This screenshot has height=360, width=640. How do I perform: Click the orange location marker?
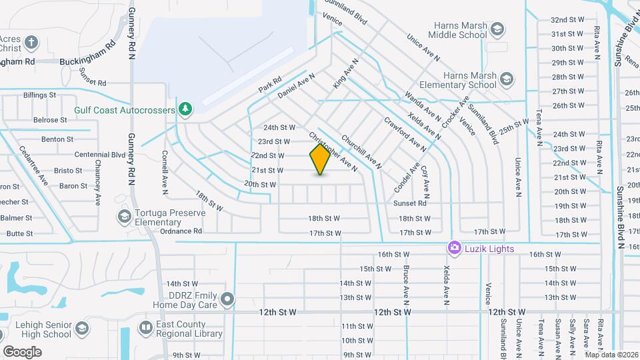coord(321,159)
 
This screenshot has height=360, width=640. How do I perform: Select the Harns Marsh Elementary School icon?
coord(506,80)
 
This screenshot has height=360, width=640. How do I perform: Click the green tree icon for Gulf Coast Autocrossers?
coord(185,109)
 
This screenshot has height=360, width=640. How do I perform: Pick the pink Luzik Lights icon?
coord(455,248)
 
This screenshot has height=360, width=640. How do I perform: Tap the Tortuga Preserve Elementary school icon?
coord(124,216)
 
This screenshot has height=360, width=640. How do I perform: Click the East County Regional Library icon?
coord(146,328)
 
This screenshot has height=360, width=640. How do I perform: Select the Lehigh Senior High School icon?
coord(81,329)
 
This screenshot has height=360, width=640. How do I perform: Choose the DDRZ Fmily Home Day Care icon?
coord(228,299)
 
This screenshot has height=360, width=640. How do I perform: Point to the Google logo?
coord(22,351)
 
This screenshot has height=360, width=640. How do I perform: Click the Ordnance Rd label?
coord(181,231)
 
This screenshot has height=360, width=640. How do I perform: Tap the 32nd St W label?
coord(568,19)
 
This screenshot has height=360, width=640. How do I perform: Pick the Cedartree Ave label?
coord(33,165)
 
